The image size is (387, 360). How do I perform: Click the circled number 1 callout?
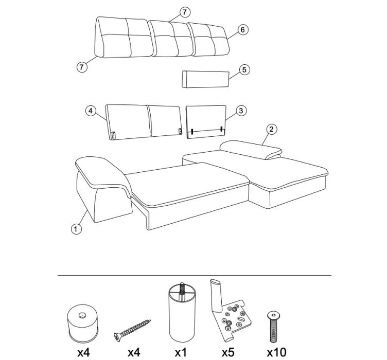click(x=76, y=229)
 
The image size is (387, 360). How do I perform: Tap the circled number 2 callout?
click(x=272, y=130)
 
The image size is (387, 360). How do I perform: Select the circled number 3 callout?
click(x=241, y=111)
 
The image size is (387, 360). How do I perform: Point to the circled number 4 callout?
click(x=91, y=111)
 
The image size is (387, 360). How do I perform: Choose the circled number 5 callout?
click(x=244, y=70)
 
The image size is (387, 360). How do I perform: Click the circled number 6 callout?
click(x=243, y=30)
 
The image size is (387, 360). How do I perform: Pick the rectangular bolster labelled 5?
click(x=206, y=79)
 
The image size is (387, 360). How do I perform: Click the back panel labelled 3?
click(x=206, y=122)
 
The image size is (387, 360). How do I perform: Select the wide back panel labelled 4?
click(x=144, y=122)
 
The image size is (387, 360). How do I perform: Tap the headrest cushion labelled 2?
click(x=251, y=150)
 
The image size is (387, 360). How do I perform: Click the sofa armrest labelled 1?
click(x=103, y=189)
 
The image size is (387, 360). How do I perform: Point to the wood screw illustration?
click(x=132, y=330)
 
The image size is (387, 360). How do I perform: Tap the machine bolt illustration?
click(x=273, y=327)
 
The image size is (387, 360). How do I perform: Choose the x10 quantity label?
click(x=276, y=352)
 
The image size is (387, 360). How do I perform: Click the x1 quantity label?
click(x=181, y=352)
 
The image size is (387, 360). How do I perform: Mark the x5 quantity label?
click(x=228, y=352)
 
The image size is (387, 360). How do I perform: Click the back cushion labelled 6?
click(x=208, y=40)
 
